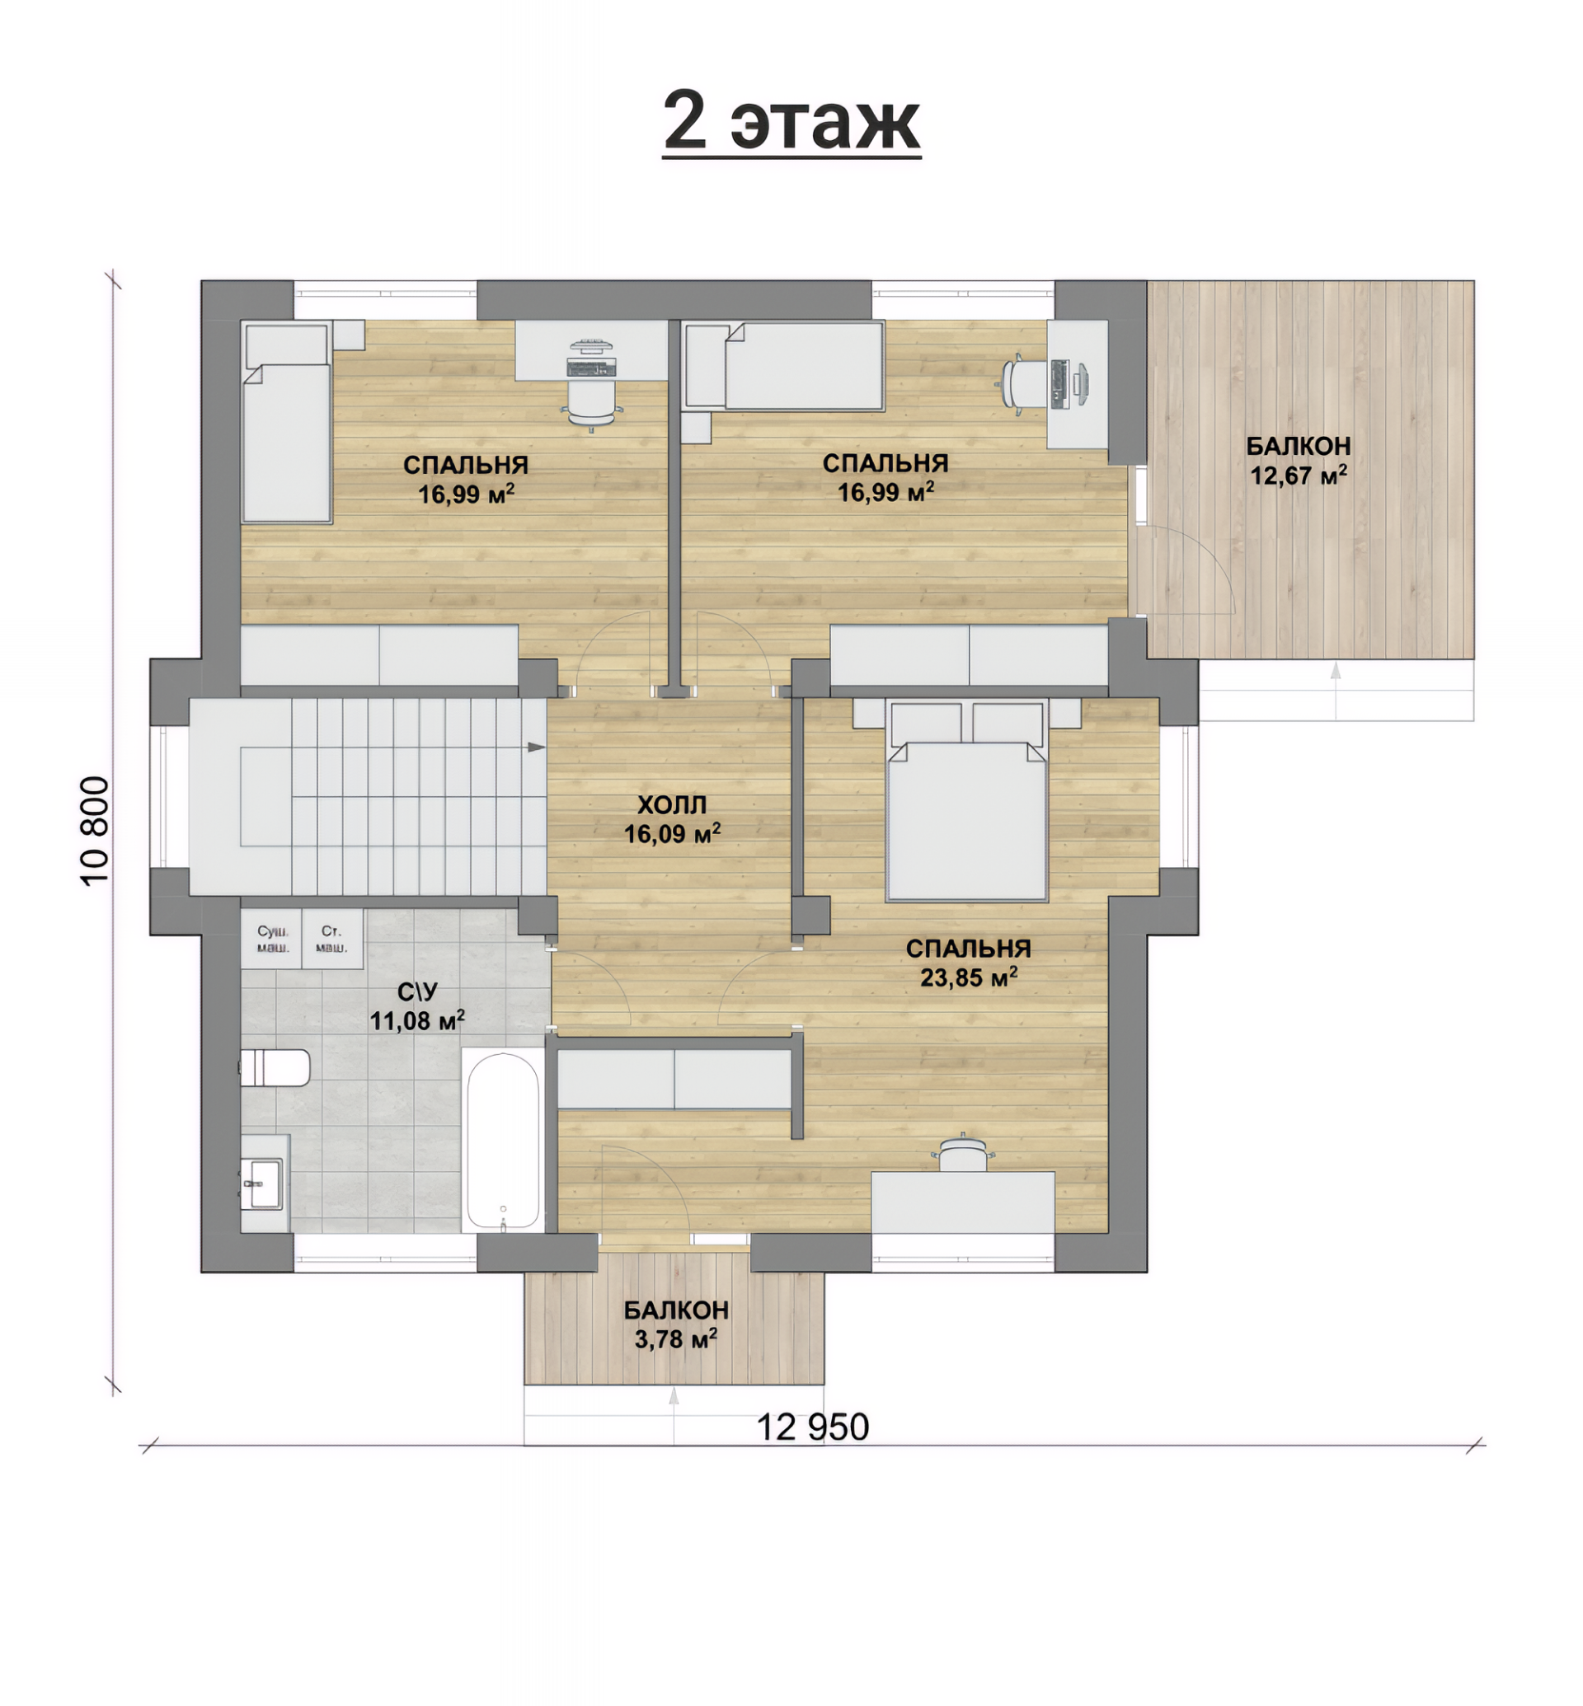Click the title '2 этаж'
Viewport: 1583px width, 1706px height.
coord(791,122)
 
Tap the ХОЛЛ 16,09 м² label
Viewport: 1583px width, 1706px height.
coord(673,819)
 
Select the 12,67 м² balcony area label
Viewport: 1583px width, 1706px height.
coord(1299,461)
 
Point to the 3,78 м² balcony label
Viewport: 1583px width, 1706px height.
coord(676,1325)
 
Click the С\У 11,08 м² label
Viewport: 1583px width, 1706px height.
coord(418,1005)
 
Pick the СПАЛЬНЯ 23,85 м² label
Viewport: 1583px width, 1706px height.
coord(969,963)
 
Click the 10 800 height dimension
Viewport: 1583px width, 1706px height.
coord(95,831)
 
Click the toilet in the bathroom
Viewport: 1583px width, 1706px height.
coord(274,1068)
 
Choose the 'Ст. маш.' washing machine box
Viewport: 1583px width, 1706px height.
coord(332,939)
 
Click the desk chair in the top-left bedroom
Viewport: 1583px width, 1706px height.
coord(592,401)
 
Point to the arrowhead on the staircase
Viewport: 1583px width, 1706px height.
coord(536,747)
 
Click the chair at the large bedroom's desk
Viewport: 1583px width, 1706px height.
coord(964,1153)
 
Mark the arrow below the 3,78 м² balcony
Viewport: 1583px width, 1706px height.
coord(674,1416)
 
